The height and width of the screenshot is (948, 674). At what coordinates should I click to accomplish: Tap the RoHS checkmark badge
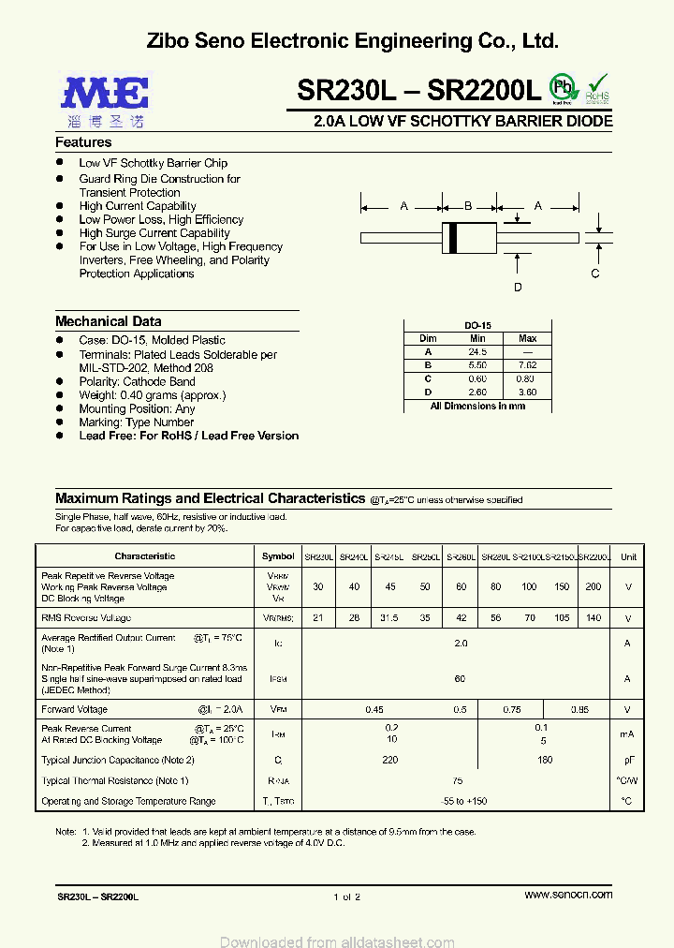[x=597, y=88]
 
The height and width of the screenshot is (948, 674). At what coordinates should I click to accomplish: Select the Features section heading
[x=83, y=142]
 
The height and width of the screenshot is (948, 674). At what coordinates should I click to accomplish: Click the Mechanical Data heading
[x=108, y=321]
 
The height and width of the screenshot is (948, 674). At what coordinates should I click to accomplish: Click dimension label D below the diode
[x=518, y=288]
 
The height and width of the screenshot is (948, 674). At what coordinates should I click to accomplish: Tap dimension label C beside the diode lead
[x=594, y=274]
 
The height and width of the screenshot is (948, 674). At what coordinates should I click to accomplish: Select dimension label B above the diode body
[x=468, y=206]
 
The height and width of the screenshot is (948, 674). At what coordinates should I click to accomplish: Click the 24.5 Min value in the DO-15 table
[x=477, y=351]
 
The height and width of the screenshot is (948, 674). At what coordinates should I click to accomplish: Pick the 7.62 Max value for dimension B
[x=527, y=365]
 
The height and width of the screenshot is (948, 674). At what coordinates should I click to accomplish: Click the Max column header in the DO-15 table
[x=527, y=338]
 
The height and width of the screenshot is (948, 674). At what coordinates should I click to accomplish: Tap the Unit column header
[x=628, y=556]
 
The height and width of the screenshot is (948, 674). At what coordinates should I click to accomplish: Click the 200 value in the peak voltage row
[x=593, y=586]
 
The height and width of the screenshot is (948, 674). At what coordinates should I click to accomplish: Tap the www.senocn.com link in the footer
[x=568, y=895]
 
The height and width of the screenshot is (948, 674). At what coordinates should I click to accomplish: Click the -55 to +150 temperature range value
[x=459, y=801]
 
